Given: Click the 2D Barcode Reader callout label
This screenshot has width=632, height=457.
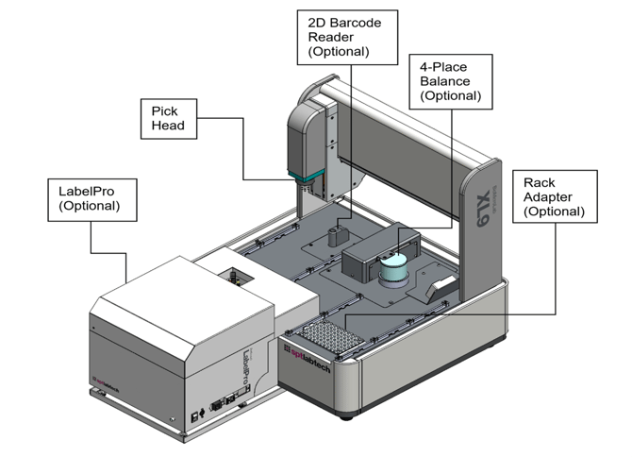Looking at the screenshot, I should coord(346,36).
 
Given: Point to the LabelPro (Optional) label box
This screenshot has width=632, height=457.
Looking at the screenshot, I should coord(88,196).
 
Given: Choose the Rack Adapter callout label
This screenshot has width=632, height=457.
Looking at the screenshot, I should coord(554,196).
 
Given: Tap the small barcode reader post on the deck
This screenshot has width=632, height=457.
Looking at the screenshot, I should coord(338,233).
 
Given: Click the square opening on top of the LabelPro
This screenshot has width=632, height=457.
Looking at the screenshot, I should coord(231,276).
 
